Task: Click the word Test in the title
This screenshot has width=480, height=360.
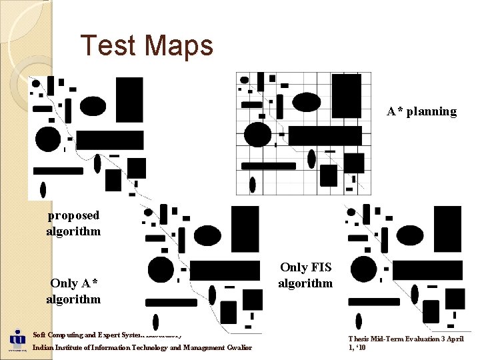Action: [109, 45]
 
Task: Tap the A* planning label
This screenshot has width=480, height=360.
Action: [421, 111]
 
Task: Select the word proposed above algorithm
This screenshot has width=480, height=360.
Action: [73, 215]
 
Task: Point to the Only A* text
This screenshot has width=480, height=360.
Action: [74, 283]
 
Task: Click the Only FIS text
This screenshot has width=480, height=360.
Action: [305, 267]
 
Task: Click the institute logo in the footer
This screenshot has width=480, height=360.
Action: [17, 340]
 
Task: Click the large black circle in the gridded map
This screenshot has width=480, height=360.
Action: [257, 135]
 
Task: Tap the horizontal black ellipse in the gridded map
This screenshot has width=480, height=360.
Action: [307, 102]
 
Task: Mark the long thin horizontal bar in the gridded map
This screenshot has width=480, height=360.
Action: [269, 166]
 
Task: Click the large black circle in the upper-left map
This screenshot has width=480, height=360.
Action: [48, 139]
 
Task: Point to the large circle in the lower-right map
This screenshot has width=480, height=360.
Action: [363, 269]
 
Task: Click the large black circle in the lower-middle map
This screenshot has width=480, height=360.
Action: [161, 269]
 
